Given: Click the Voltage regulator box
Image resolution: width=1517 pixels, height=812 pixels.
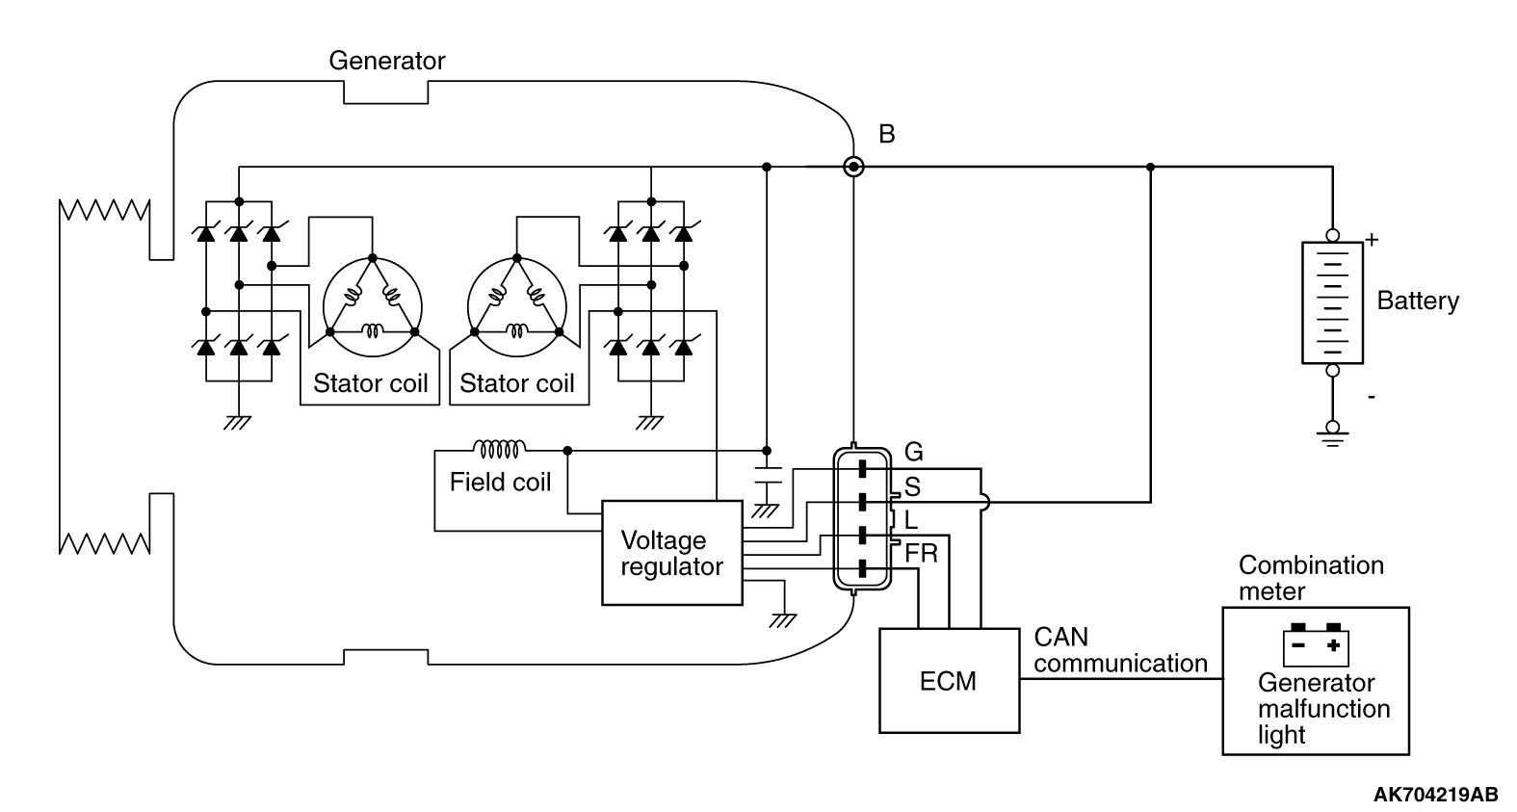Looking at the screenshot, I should click(671, 553).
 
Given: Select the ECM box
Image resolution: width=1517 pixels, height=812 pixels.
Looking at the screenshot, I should click(949, 680).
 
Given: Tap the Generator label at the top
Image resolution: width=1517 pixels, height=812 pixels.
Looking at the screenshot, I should click(386, 61).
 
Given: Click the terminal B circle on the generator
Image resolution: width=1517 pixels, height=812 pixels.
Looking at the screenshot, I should click(853, 168).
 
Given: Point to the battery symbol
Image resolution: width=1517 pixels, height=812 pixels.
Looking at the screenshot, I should click(1332, 301).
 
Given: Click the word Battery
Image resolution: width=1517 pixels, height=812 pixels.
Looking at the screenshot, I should click(1417, 301).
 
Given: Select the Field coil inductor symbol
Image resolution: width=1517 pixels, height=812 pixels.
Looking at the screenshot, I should click(499, 449).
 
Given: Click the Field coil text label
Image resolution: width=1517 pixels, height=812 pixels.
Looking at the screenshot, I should click(500, 481).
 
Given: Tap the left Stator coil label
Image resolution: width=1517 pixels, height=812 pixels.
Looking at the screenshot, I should click(370, 383).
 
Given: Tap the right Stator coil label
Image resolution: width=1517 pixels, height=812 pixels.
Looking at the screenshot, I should click(516, 383).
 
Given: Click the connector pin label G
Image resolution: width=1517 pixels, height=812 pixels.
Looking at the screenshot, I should click(914, 452).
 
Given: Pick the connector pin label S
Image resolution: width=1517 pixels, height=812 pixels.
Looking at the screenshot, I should click(912, 487).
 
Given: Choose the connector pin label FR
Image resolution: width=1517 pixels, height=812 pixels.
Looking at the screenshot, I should click(921, 554).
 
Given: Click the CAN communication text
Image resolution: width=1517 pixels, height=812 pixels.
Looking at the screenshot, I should click(1119, 650).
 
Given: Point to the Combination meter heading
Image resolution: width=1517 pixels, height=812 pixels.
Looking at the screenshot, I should click(1310, 578).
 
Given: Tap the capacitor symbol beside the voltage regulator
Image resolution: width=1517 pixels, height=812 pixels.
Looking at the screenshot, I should click(767, 477).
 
